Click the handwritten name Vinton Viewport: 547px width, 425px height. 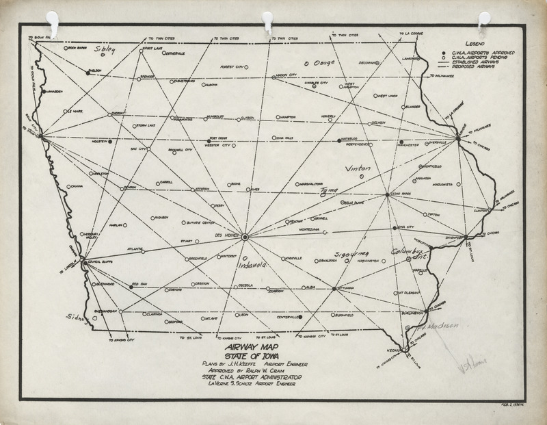358,168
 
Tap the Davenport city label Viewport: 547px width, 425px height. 444,239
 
